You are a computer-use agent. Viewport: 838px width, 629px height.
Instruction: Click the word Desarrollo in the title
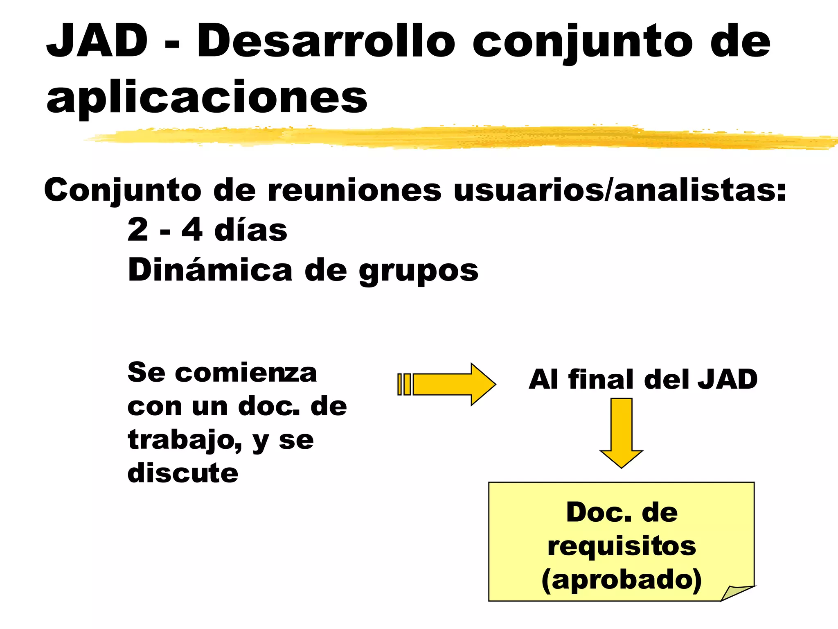(326, 41)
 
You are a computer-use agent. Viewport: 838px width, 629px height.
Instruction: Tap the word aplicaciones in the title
(207, 97)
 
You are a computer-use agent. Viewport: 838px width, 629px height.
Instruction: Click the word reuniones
(354, 190)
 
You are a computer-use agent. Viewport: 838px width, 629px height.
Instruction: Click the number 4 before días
(192, 230)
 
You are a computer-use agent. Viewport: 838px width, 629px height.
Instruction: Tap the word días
(250, 230)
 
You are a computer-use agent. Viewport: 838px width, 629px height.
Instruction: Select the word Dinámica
(210, 270)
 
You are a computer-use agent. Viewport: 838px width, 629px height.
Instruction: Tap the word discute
(182, 473)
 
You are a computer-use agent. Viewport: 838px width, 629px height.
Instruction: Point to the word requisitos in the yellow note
(622, 546)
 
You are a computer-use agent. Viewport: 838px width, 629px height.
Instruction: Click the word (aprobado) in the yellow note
(622, 580)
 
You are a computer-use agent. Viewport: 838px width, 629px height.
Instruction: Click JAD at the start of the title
(97, 41)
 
